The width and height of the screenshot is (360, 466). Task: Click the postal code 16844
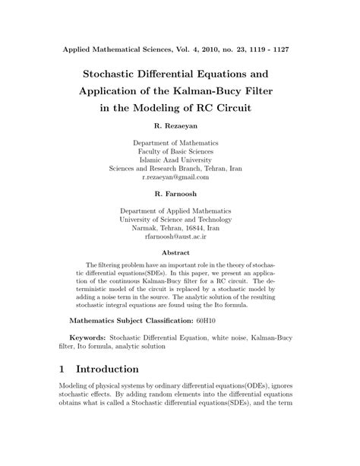tap(197, 227)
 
